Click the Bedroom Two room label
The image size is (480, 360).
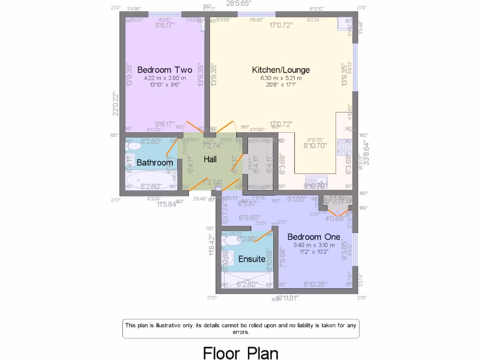tap(165, 70)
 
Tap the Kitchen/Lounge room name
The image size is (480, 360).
tap(281, 70)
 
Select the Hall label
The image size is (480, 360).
tap(210, 159)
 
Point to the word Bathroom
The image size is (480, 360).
tap(155, 163)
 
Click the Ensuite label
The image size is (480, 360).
tap(252, 259)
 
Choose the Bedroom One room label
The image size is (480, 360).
tap(311, 236)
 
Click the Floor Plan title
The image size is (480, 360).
tap(240, 352)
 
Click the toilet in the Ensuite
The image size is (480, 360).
tap(232, 240)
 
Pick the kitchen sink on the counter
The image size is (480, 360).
tap(317, 180)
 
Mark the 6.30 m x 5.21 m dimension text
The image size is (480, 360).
tap(281, 78)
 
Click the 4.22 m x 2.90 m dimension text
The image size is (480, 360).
tap(165, 78)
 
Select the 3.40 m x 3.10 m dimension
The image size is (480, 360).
tap(314, 245)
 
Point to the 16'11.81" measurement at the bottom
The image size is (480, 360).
tap(287, 298)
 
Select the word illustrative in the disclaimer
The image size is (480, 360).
tap(176, 325)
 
